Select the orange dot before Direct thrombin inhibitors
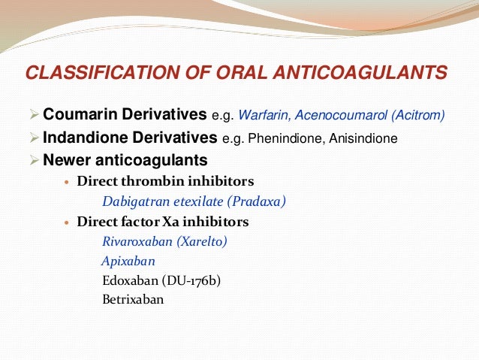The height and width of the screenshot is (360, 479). [68, 183]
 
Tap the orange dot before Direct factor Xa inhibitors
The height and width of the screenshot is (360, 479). [68, 223]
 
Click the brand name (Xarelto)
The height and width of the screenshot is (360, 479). [200, 242]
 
